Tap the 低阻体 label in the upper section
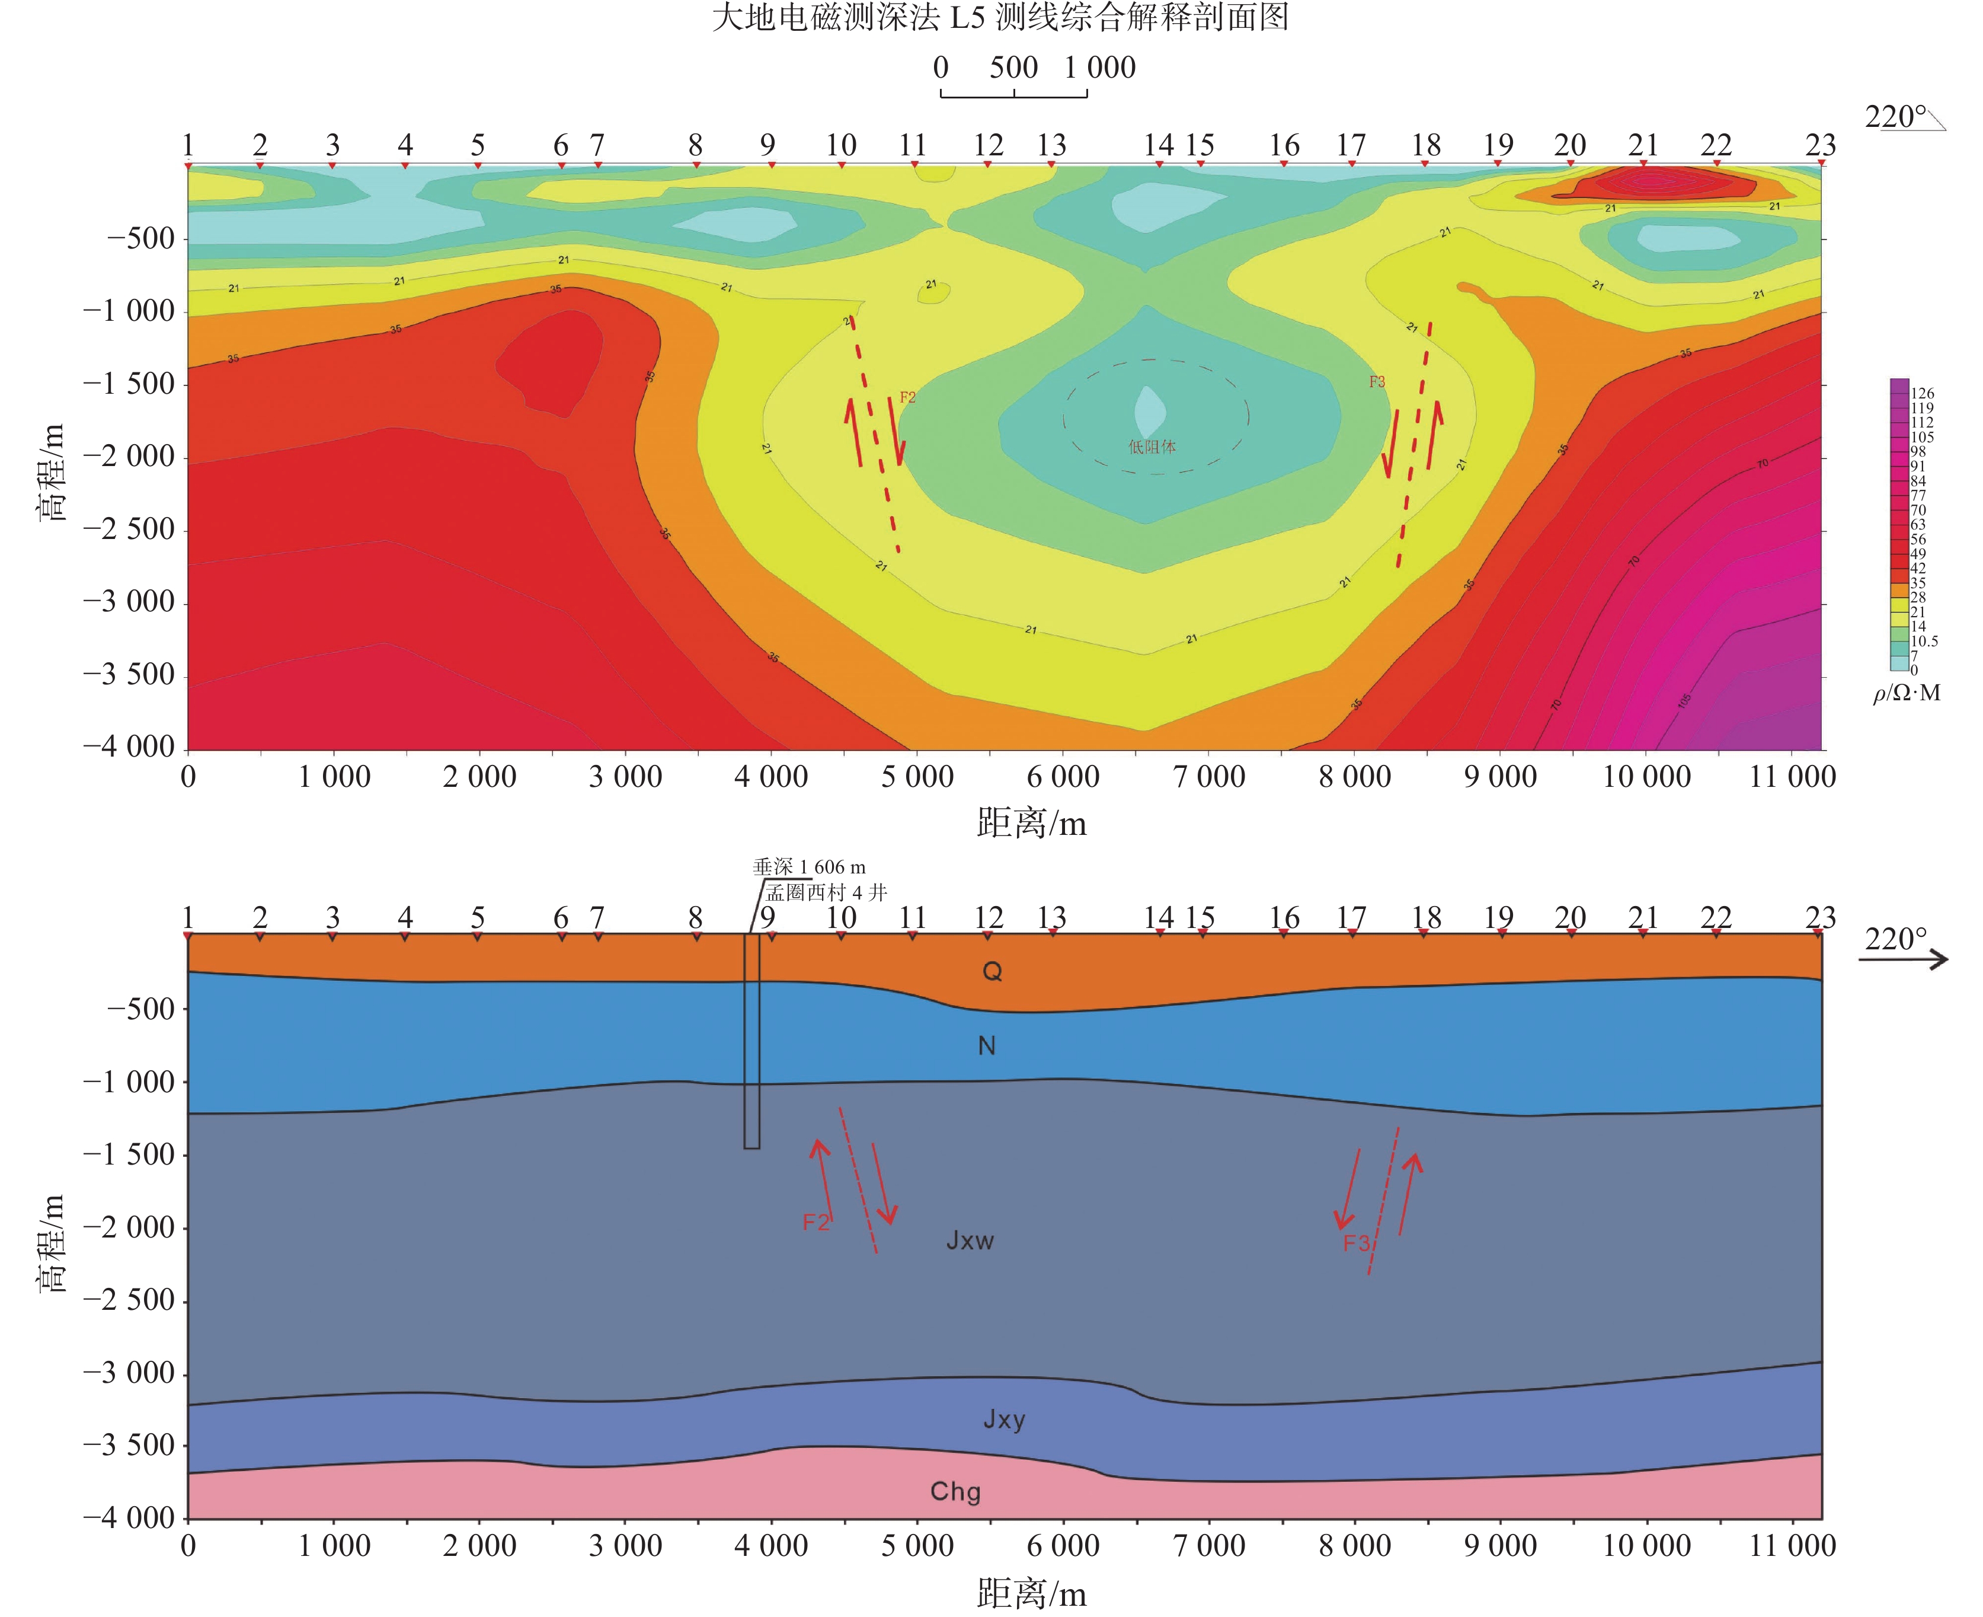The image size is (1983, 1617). (x=1152, y=447)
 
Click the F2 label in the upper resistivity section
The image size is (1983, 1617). (x=908, y=398)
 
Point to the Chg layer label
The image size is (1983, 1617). (x=955, y=1491)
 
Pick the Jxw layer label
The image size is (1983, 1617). (x=970, y=1240)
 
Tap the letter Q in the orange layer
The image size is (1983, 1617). (x=993, y=971)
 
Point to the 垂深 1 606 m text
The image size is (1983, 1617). (x=809, y=867)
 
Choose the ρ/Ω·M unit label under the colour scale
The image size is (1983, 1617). (x=1906, y=693)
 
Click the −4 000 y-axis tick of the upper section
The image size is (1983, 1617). (x=129, y=746)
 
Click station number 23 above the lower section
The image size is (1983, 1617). (x=1820, y=917)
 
